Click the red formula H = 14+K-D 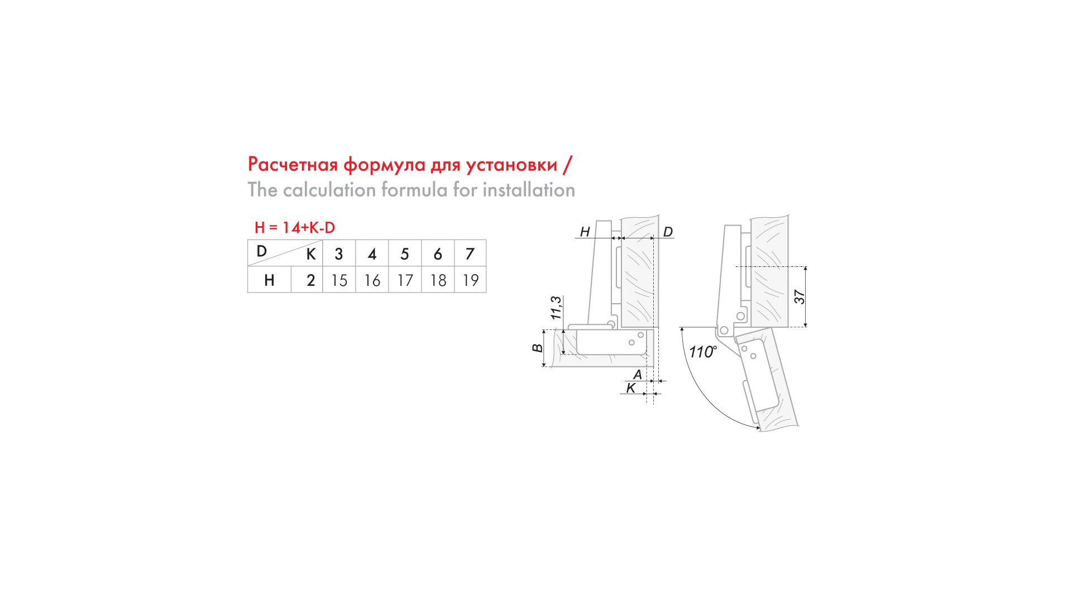click(x=295, y=228)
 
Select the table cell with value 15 click(x=339, y=280)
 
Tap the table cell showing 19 click(x=471, y=280)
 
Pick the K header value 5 click(x=405, y=254)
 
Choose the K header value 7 click(x=470, y=254)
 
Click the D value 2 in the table click(x=311, y=280)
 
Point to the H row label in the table click(x=269, y=280)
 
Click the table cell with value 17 click(x=405, y=280)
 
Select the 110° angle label click(x=703, y=352)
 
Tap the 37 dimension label click(x=800, y=297)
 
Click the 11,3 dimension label click(x=556, y=308)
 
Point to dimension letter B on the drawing click(x=537, y=348)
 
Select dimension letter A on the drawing click(x=638, y=375)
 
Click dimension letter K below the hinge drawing click(x=631, y=388)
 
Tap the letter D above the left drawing click(x=668, y=232)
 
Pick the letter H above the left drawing click(x=585, y=232)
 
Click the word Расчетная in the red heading click(x=293, y=165)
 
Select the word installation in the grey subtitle click(x=529, y=190)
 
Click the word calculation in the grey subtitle click(x=329, y=190)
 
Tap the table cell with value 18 click(x=438, y=280)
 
